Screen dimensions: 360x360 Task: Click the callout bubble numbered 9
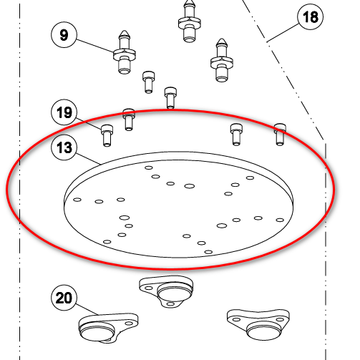pos(64,35)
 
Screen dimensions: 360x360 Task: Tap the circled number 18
pos(310,16)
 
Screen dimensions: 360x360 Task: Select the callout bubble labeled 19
pos(64,112)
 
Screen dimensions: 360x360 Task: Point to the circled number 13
pos(64,147)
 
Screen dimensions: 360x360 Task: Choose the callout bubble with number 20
pos(64,298)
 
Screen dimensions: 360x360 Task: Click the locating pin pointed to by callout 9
pos(125,52)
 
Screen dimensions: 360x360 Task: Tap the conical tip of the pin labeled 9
pos(125,34)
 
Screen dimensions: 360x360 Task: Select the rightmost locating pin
pos(222,60)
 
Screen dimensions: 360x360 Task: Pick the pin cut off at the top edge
pos(190,21)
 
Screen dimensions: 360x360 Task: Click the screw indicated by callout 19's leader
pos(107,135)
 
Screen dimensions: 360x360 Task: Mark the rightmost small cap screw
pos(280,135)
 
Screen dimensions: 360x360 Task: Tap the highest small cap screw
pos(148,82)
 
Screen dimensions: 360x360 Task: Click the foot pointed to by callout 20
pos(108,328)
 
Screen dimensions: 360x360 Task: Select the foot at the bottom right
pos(258,324)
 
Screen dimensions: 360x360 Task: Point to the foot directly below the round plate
pos(166,291)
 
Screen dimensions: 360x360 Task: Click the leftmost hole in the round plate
pos(77,200)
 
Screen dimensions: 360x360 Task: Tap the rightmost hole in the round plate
pos(280,220)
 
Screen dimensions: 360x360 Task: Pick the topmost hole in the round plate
pos(149,167)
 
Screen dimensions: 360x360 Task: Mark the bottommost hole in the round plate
pos(208,252)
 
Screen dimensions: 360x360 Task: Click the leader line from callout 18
pos(283,33)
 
